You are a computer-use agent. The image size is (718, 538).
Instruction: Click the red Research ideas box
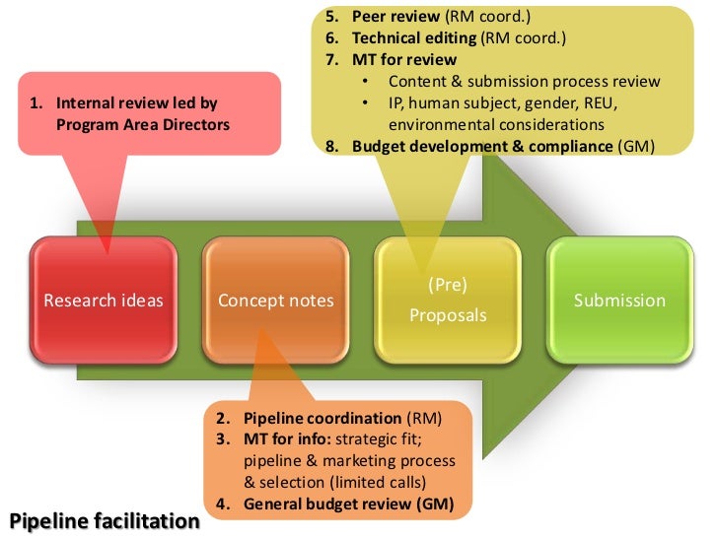pos(105,301)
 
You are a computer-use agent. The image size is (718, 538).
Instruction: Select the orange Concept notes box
pos(276,301)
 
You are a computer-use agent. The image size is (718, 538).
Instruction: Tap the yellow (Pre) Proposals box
pos(448,301)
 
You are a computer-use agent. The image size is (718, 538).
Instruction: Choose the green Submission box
pos(619,301)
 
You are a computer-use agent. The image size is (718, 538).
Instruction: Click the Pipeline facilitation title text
pos(104,519)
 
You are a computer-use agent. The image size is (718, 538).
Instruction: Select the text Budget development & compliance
pos(482,147)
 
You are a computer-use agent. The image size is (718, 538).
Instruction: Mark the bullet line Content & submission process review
pos(524,82)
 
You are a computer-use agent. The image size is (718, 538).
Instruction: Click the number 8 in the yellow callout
pos(332,147)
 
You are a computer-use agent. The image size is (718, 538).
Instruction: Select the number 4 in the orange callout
pos(223,505)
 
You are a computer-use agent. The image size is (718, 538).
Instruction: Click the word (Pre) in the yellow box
pos(448,286)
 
